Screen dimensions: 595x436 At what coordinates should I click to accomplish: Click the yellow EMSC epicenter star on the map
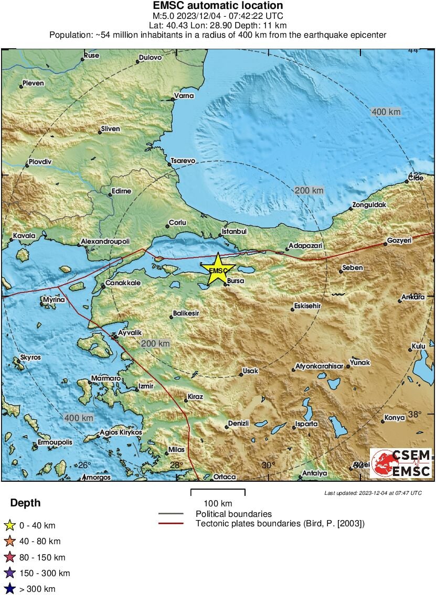point(218,269)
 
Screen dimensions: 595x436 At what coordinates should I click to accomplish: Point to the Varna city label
point(185,96)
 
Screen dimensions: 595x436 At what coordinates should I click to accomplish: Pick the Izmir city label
point(145,386)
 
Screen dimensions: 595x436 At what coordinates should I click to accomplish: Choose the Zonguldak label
point(369,204)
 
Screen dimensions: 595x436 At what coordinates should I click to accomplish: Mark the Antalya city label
point(314,473)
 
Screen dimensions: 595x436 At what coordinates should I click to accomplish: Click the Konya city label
point(395,418)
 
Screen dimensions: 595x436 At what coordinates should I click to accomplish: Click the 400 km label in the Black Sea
point(386,112)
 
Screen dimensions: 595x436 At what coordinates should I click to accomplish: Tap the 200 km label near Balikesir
point(156,343)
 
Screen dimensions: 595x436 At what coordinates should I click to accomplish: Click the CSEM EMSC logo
point(401,463)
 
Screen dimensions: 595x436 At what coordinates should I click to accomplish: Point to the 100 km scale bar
point(218,493)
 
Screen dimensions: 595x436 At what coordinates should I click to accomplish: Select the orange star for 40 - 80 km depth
point(9,542)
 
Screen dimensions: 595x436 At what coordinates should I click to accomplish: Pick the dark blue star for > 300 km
point(9,590)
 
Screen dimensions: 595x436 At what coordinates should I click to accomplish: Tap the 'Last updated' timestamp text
point(373,493)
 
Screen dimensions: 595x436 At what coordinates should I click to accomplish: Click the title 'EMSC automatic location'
point(218,6)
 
